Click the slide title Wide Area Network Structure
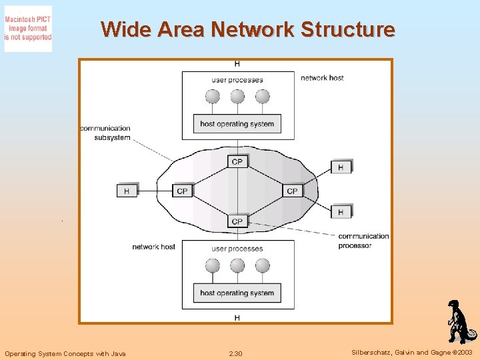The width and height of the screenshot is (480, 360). pyautogui.click(x=247, y=29)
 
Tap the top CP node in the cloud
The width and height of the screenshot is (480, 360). pyautogui.click(x=237, y=161)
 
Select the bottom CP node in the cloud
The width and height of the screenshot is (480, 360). pyautogui.click(x=237, y=221)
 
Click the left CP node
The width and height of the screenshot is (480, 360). pyautogui.click(x=182, y=191)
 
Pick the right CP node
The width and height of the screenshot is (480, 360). pyautogui.click(x=292, y=191)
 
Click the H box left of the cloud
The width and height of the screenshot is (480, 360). pyautogui.click(x=127, y=191)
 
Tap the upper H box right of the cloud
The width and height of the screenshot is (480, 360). pyautogui.click(x=341, y=167)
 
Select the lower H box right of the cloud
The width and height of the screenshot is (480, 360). pyautogui.click(x=341, y=212)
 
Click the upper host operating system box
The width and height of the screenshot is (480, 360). pyautogui.click(x=237, y=123)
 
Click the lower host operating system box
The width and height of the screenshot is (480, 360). pyautogui.click(x=237, y=293)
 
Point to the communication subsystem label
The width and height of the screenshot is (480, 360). pyautogui.click(x=105, y=133)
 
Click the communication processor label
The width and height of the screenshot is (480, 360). pyautogui.click(x=363, y=241)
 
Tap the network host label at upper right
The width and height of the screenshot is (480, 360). pyautogui.click(x=322, y=78)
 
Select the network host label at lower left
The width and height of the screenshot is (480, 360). pyautogui.click(x=153, y=247)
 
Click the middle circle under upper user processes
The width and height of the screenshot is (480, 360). pyautogui.click(x=237, y=97)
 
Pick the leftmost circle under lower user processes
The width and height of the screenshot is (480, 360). pyautogui.click(x=213, y=266)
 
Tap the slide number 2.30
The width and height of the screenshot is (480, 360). pyautogui.click(x=235, y=353)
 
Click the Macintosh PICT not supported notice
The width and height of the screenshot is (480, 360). pyautogui.click(x=28, y=29)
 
